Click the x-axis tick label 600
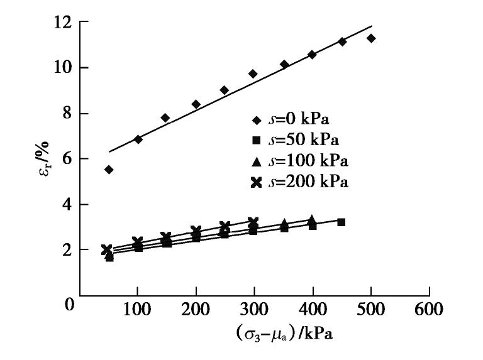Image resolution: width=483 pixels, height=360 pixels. (x=429, y=308)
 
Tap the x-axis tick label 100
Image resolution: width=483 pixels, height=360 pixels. (x=138, y=308)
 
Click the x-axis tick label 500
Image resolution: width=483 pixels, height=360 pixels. (x=371, y=308)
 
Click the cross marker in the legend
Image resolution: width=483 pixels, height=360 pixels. (x=256, y=182)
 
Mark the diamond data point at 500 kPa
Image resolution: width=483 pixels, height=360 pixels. (x=371, y=38)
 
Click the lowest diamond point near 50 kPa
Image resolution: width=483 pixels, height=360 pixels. (x=109, y=170)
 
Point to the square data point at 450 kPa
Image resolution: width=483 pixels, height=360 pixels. (x=341, y=222)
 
